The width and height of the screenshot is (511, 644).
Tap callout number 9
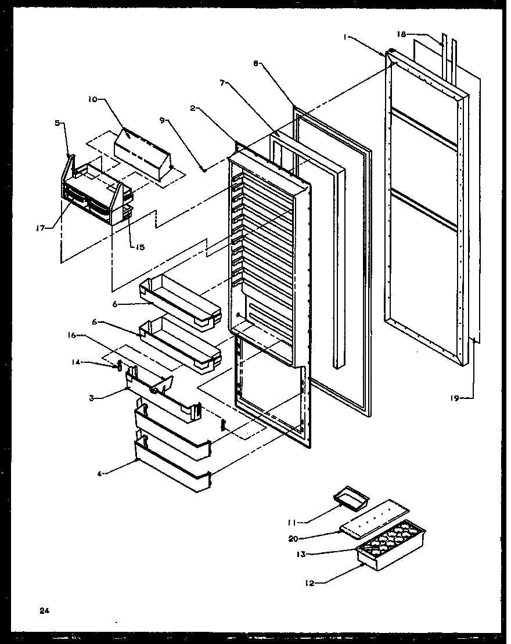(163, 121)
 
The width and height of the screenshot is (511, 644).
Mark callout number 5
(56, 123)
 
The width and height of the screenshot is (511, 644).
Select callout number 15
(140, 247)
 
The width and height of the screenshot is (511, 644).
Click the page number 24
(44, 610)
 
